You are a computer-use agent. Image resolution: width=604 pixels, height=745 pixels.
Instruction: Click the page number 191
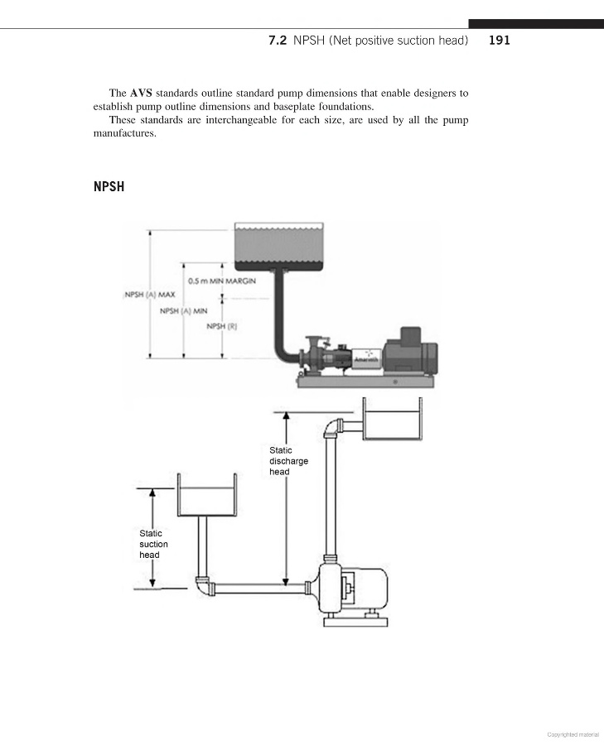tap(500, 40)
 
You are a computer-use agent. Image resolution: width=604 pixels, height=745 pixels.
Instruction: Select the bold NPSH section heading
tap(109, 186)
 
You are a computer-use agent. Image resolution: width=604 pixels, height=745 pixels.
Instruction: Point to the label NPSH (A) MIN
tap(182, 311)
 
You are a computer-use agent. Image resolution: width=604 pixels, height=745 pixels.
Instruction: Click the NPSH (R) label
tap(221, 326)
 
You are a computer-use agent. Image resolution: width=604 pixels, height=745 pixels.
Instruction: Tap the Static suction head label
tap(153, 544)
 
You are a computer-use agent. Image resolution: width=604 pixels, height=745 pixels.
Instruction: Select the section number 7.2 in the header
tap(278, 40)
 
